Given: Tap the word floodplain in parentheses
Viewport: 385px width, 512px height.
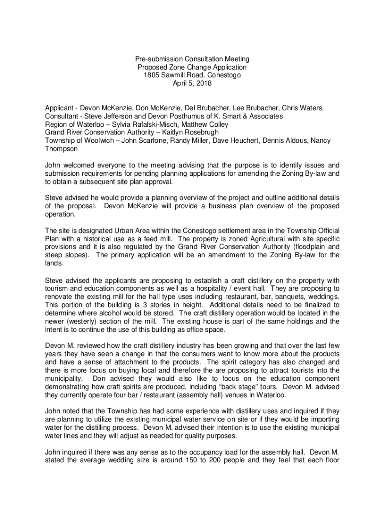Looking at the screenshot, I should pos(310,246).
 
